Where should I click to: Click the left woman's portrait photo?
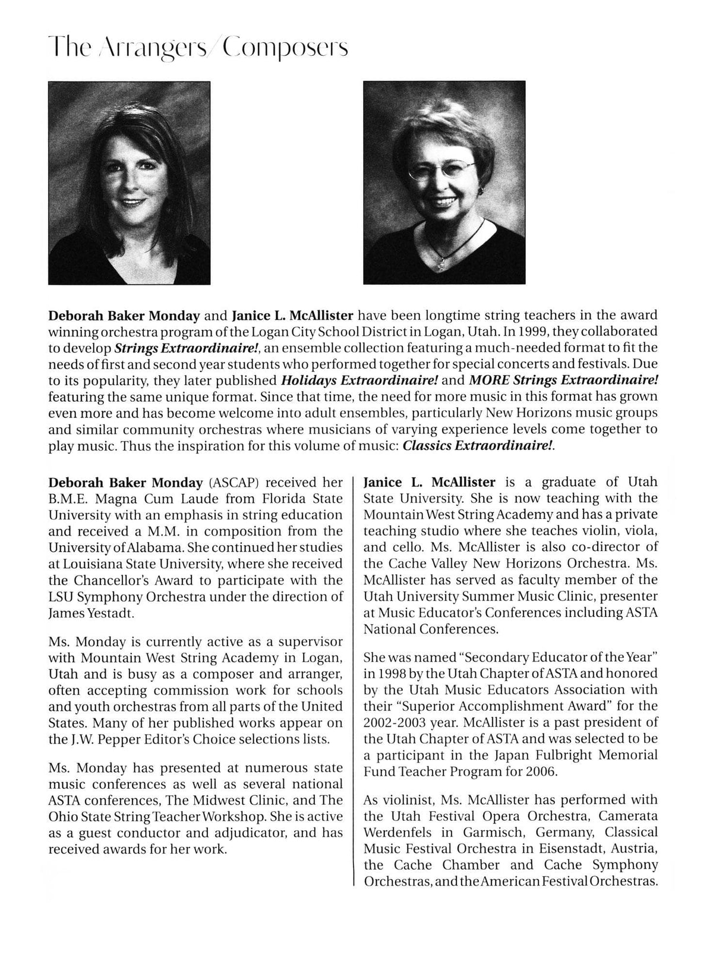click(129, 182)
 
